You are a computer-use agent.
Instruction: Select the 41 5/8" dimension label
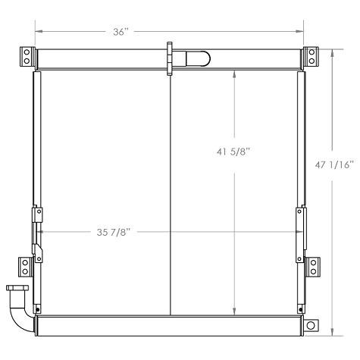(233, 152)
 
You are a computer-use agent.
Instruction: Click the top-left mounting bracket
(27, 56)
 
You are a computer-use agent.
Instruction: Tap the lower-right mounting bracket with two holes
(312, 266)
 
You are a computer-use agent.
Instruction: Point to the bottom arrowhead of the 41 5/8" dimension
(235, 310)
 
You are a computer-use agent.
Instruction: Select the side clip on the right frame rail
(301, 227)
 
